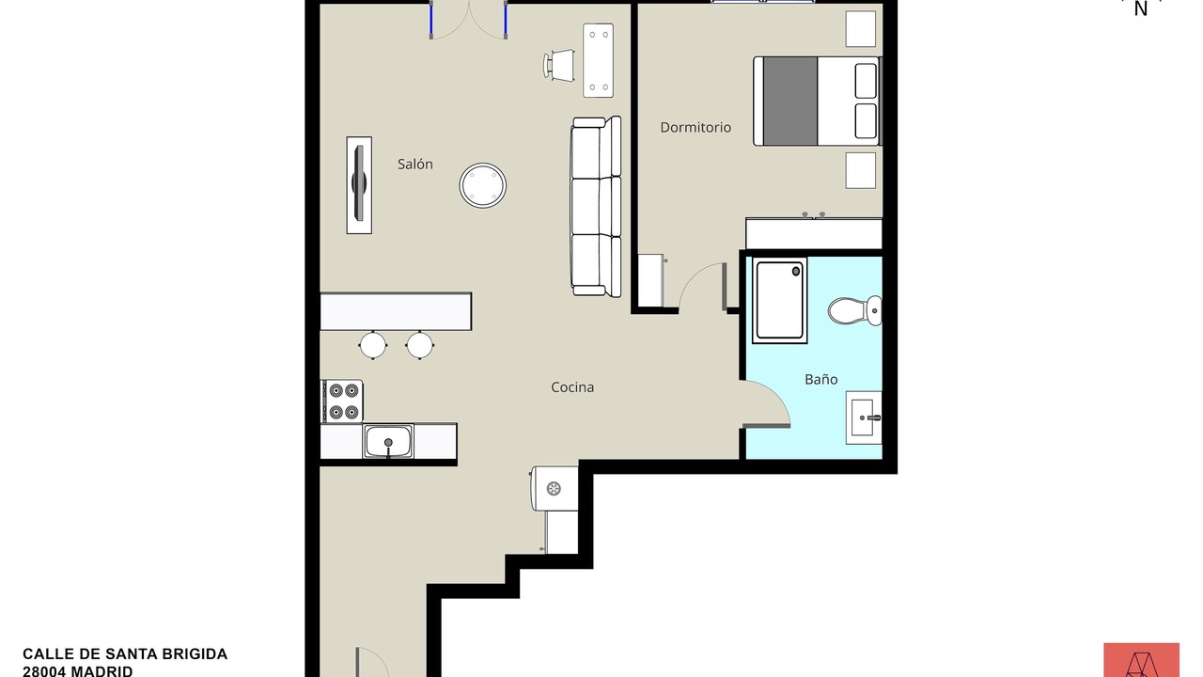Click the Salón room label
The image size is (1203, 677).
[x=415, y=165]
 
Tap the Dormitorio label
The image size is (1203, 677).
[x=695, y=127]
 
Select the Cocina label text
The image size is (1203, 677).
[x=572, y=387]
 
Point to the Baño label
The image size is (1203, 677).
[x=821, y=379]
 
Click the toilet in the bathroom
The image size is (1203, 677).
[x=854, y=310]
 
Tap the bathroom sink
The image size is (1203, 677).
[x=864, y=417]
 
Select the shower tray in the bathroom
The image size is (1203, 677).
[x=780, y=300]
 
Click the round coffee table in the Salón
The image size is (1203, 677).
[x=483, y=185]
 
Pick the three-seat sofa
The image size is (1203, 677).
[x=596, y=206]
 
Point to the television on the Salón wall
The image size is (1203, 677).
[x=359, y=185]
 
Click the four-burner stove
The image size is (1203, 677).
[x=343, y=401]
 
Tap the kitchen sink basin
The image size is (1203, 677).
[x=388, y=442]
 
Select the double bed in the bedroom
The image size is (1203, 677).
[x=818, y=101]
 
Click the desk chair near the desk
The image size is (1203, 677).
[x=559, y=66]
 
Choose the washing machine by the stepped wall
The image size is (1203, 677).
[x=555, y=488]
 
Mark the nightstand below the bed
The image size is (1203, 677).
[x=860, y=170]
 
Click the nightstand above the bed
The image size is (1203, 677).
[x=860, y=29]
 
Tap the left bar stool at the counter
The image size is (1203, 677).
[x=373, y=345]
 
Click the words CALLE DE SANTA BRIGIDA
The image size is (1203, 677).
[x=125, y=653]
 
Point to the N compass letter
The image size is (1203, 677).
[x=1141, y=9]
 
